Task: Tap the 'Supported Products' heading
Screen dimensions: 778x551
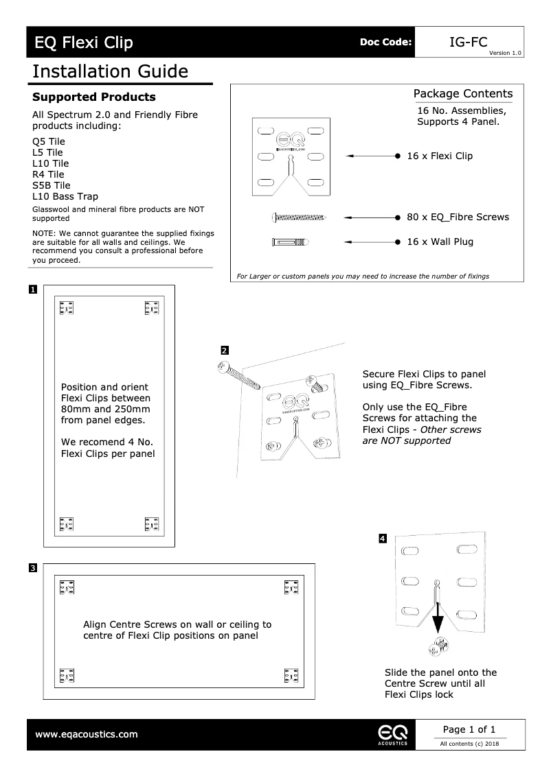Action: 94,97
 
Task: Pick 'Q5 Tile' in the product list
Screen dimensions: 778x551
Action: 49,141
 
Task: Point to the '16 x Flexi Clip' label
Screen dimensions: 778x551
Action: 440,156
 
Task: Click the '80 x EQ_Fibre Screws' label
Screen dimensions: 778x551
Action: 458,217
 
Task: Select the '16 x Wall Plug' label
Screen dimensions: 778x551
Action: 440,241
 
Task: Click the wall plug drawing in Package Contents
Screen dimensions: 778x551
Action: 291,241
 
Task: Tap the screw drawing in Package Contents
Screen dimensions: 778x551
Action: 300,217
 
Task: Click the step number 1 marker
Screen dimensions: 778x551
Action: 32,290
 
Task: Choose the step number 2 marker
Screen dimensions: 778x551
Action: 224,351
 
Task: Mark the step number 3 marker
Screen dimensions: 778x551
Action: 32,567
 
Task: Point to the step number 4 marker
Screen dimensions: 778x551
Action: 383,539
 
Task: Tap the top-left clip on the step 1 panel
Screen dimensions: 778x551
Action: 67,308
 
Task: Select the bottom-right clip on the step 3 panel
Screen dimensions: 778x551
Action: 291,675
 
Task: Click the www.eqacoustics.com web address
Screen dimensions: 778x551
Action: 86,734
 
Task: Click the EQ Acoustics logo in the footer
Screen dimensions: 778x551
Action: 392,734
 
